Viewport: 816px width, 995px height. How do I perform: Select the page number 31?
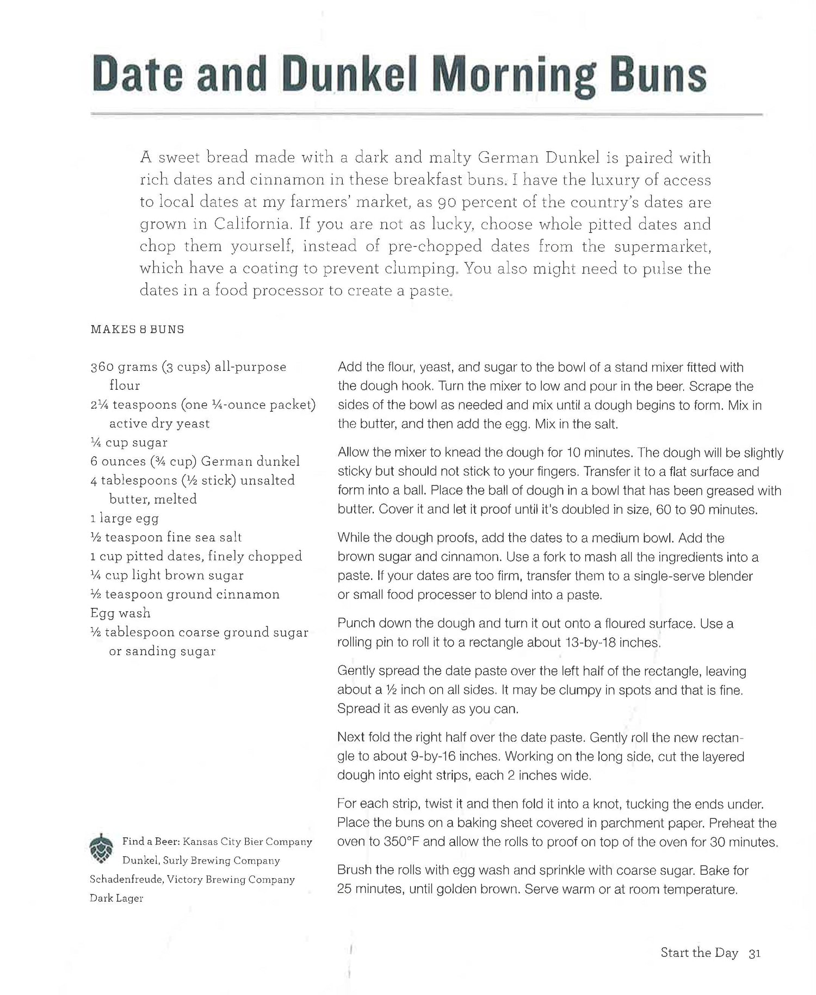755,953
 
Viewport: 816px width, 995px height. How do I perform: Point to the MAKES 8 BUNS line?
137,329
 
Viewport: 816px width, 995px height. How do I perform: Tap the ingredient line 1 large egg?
125,518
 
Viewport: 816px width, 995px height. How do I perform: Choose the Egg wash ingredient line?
120,613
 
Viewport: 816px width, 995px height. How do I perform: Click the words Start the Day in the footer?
699,953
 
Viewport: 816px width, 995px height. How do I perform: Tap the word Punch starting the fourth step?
355,624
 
